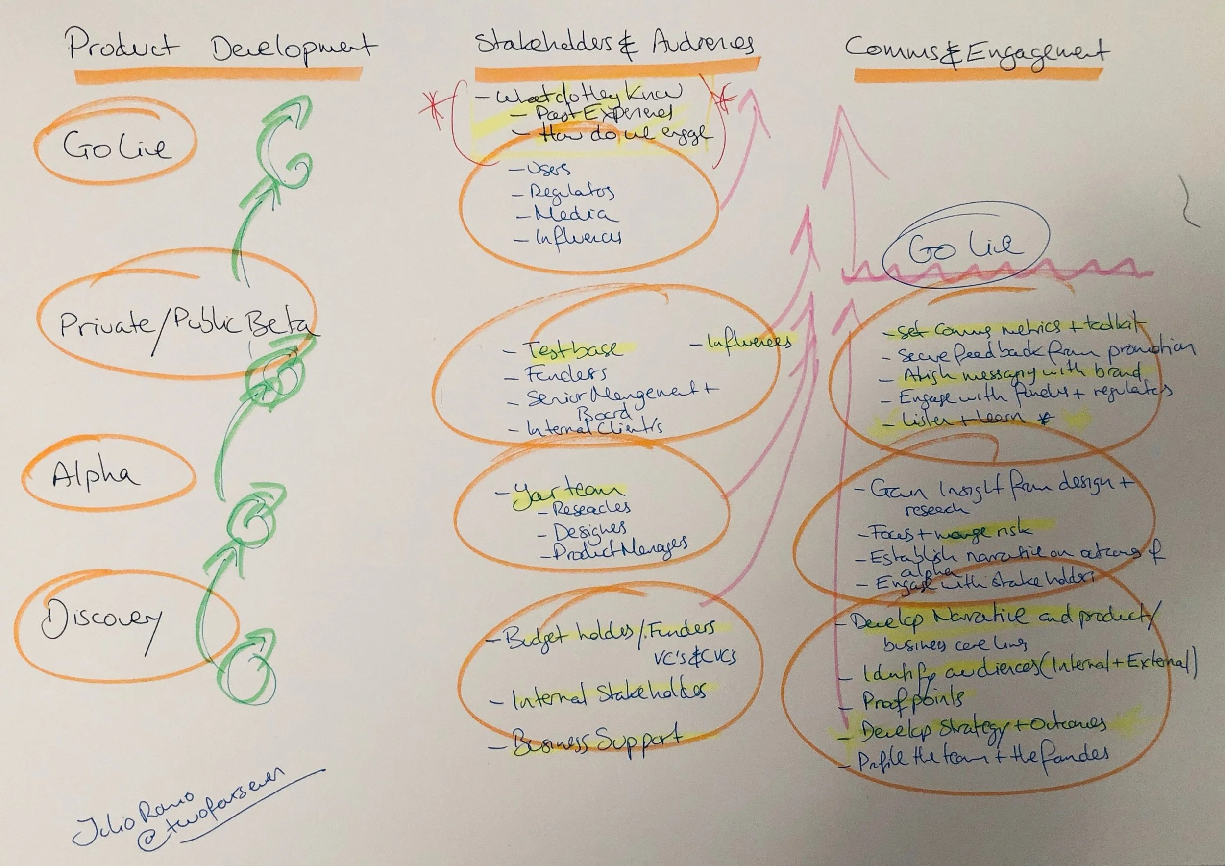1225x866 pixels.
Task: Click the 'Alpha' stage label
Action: pos(96,475)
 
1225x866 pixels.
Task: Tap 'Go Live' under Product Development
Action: pos(118,145)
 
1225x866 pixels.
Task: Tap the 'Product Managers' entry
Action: pos(619,549)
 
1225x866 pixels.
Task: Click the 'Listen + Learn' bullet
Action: pos(960,419)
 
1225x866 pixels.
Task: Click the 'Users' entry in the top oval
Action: pos(548,169)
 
